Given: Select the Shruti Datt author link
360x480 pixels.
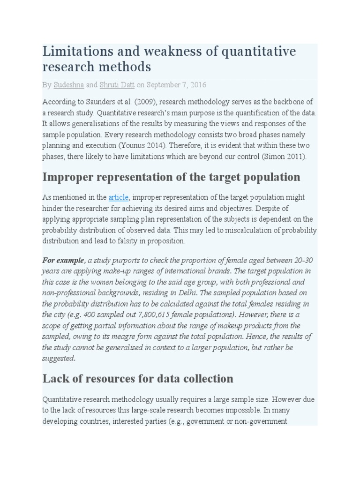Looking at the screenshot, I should [x=116, y=85].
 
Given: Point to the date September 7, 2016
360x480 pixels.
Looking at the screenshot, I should [x=176, y=85].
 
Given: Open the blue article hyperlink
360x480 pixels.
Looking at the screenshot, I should [x=118, y=197].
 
